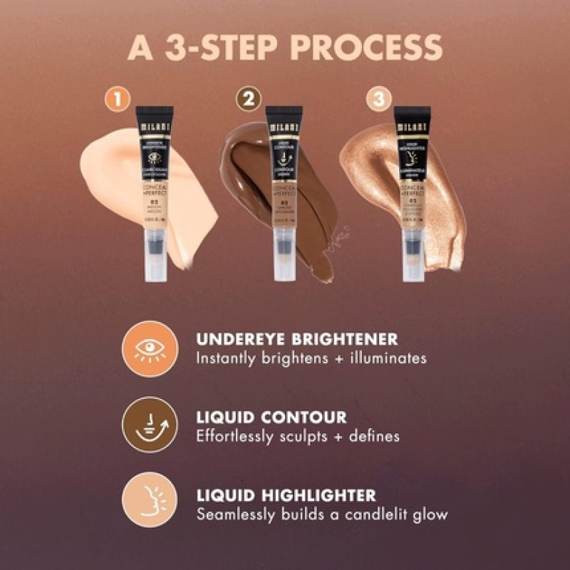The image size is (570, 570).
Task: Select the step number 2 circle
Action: pyautogui.click(x=248, y=100)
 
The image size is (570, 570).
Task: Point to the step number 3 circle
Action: pyautogui.click(x=378, y=100)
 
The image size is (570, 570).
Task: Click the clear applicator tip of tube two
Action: pyautogui.click(x=284, y=257)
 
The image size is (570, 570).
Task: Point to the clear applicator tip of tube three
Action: pyautogui.click(x=412, y=257)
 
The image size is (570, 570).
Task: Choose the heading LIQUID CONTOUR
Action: pyautogui.click(x=272, y=417)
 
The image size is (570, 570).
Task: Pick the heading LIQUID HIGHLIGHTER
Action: pyautogui.click(x=286, y=494)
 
